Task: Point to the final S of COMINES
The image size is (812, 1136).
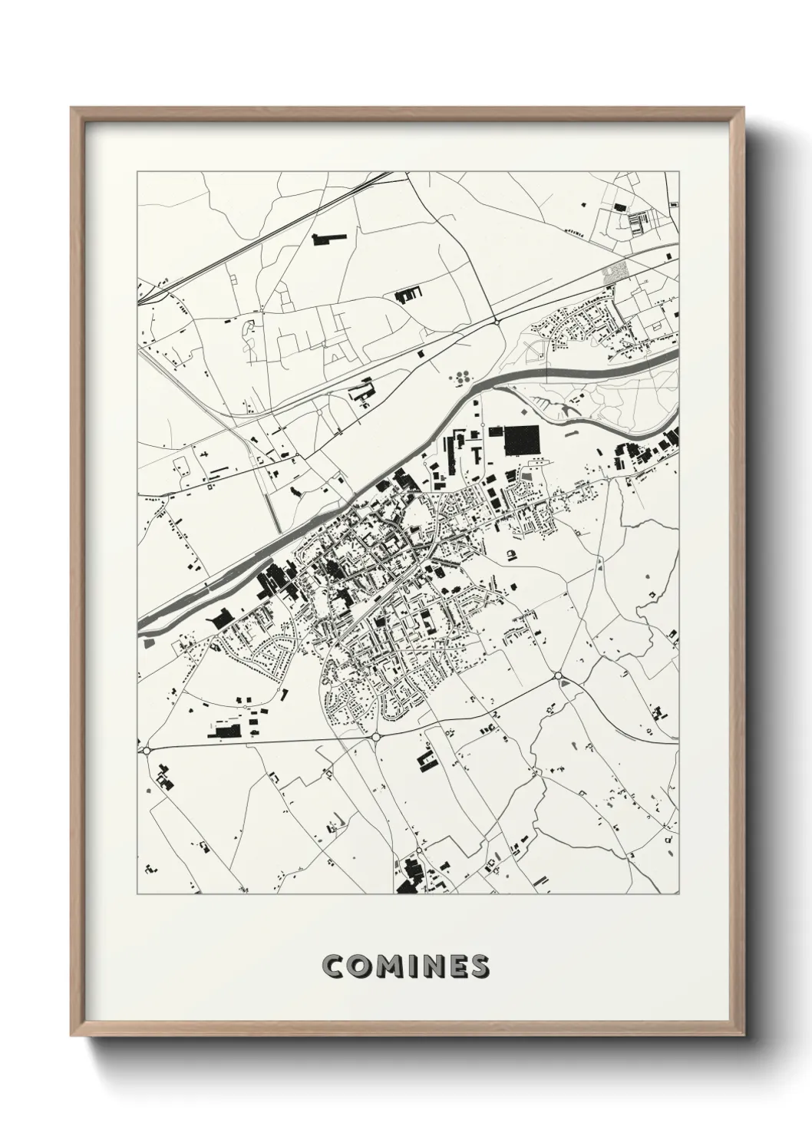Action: [x=478, y=966]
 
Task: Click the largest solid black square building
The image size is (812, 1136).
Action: [x=521, y=440]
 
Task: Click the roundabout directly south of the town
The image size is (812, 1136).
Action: [x=377, y=736]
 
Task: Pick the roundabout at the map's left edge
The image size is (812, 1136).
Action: [x=145, y=750]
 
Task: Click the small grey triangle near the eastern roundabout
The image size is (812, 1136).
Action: [x=566, y=682]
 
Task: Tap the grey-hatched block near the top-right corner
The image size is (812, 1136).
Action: [x=615, y=271]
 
